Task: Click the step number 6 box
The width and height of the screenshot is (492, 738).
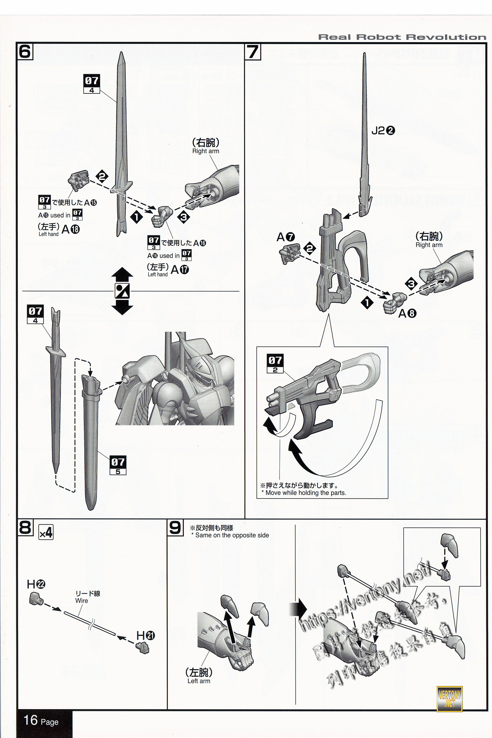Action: pos(25,51)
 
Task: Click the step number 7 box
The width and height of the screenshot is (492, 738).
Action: pos(252,51)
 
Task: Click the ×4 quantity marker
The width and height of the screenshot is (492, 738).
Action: pos(46,533)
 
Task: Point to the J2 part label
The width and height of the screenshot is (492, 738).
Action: pos(383,130)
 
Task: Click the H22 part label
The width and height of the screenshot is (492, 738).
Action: pos(36,584)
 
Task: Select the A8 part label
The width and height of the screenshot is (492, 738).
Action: pos(407,313)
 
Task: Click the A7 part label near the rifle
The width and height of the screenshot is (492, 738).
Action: pos(286,237)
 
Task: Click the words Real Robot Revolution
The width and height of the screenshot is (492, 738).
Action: pos(402,37)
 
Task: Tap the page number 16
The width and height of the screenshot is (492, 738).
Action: pos(31,720)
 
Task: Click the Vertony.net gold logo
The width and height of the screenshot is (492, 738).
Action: pos(449,698)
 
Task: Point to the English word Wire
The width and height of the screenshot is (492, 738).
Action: pos(81,601)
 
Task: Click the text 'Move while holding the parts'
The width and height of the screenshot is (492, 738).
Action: pos(305,493)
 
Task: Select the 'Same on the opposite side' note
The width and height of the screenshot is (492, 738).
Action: pos(232,535)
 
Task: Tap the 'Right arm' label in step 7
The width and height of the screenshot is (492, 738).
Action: pos(429,245)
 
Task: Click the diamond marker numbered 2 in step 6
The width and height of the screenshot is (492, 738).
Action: pos(102,176)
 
